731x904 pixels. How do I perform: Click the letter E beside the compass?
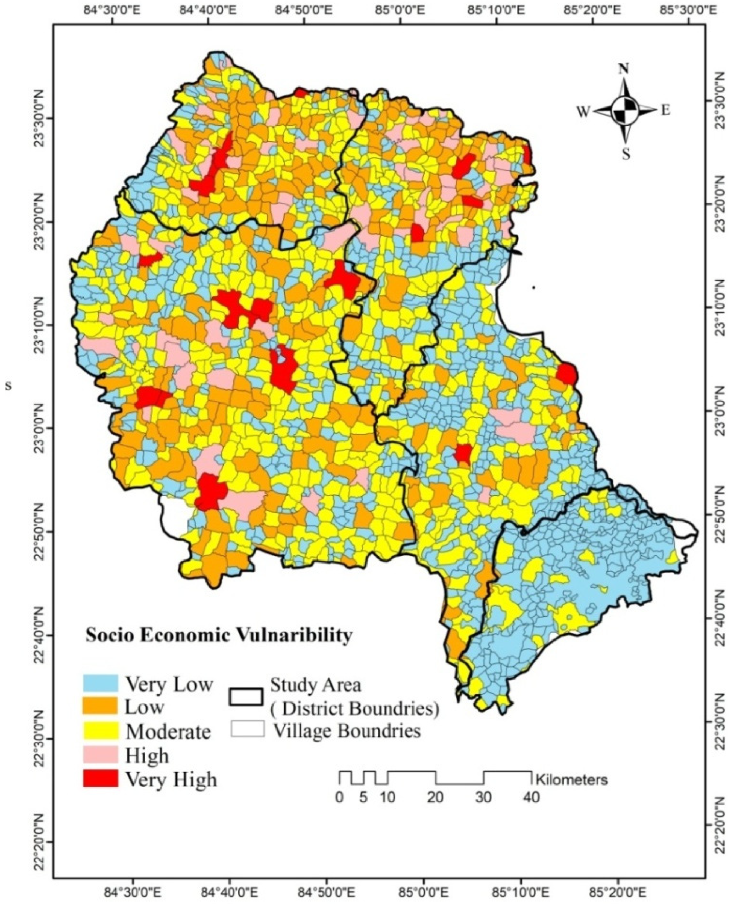[x=665, y=111]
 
